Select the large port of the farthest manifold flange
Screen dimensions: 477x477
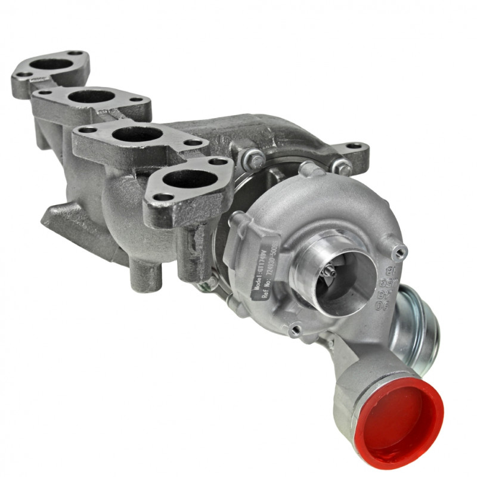point(51,63)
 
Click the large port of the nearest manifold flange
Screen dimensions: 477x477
point(188,178)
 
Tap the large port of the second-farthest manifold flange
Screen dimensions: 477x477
point(92,95)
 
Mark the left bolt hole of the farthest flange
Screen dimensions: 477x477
point(24,75)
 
